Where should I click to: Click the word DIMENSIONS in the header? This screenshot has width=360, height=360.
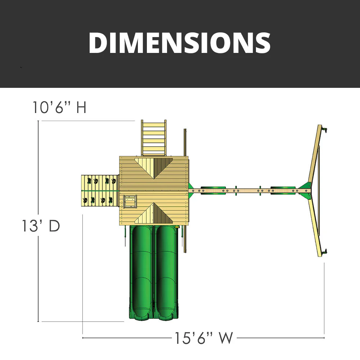coord(179,42)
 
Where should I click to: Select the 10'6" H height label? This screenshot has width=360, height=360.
coord(60,107)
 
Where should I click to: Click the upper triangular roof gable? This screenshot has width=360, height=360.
coord(154,166)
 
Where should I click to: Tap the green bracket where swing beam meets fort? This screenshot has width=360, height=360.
coord(191,190)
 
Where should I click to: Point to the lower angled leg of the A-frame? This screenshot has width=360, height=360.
coord(315,223)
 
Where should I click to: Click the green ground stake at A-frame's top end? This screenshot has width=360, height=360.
coord(325,129)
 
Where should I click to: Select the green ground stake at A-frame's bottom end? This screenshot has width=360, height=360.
coord(325,252)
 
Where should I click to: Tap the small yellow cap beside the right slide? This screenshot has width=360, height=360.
coord(178,227)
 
